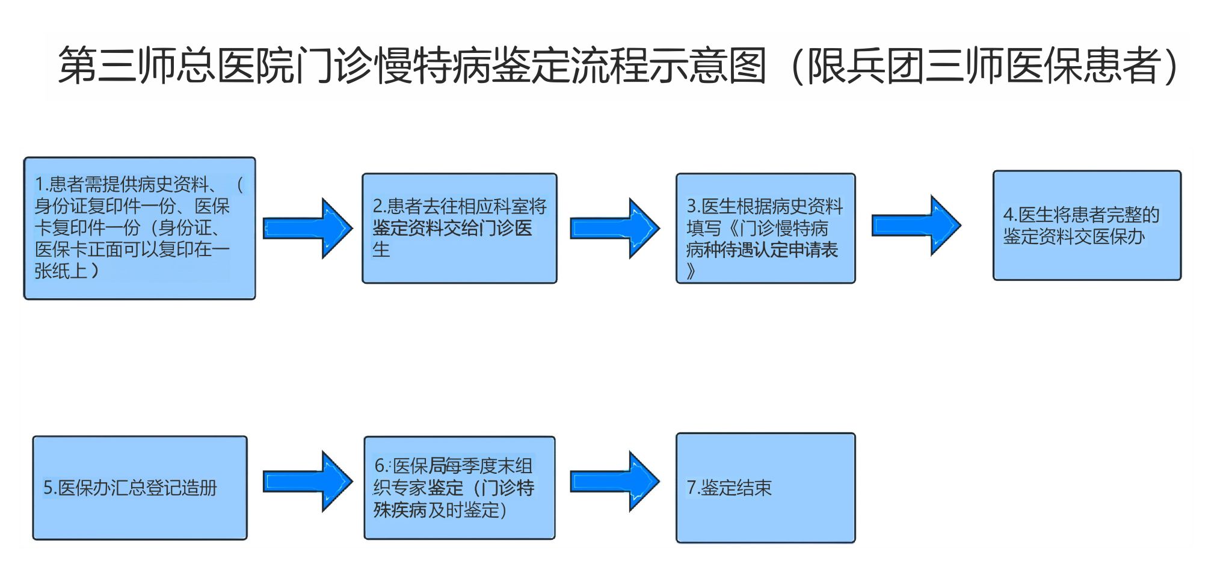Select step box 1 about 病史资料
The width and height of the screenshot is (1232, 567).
(x=140, y=228)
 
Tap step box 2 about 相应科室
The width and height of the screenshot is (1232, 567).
(x=460, y=228)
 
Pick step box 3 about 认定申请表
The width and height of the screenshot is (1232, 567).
(x=766, y=228)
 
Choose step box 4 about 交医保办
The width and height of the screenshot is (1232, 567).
(x=1087, y=225)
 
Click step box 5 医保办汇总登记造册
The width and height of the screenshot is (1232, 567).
(x=140, y=488)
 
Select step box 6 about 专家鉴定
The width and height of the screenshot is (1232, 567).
(x=460, y=488)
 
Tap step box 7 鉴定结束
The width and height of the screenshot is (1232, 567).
(x=766, y=488)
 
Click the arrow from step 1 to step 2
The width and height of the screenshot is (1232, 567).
(x=308, y=228)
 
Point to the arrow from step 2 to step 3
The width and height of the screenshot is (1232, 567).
(x=615, y=228)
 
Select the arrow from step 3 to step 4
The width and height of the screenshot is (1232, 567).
(x=916, y=225)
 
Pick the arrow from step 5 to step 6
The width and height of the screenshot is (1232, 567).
(x=308, y=482)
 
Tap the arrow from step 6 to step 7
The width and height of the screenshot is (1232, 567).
(x=615, y=482)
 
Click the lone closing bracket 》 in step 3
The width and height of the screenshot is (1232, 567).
(x=692, y=271)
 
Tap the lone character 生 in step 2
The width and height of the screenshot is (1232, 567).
(x=381, y=250)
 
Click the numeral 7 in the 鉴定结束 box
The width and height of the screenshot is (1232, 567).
(x=691, y=488)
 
